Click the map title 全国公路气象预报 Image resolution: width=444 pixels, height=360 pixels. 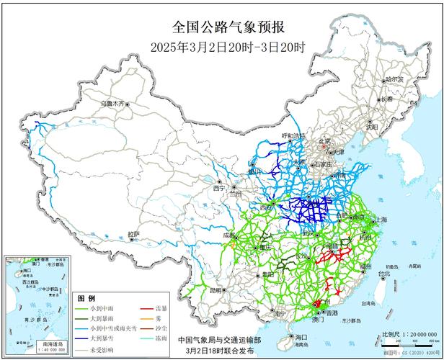pos(228,28)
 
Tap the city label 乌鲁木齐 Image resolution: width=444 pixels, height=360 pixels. pos(112,104)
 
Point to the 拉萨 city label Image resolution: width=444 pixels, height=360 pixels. pos(134,235)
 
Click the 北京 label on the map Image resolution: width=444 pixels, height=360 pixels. pos(325,142)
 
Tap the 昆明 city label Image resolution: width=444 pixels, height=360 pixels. pos(216,289)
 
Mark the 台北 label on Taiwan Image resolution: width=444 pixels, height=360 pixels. pos(384,274)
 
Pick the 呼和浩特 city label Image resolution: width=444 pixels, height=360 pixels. pos(293,135)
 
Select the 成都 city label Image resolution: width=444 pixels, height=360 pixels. pos(228,235)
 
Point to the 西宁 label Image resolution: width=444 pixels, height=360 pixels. pos(220,189)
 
